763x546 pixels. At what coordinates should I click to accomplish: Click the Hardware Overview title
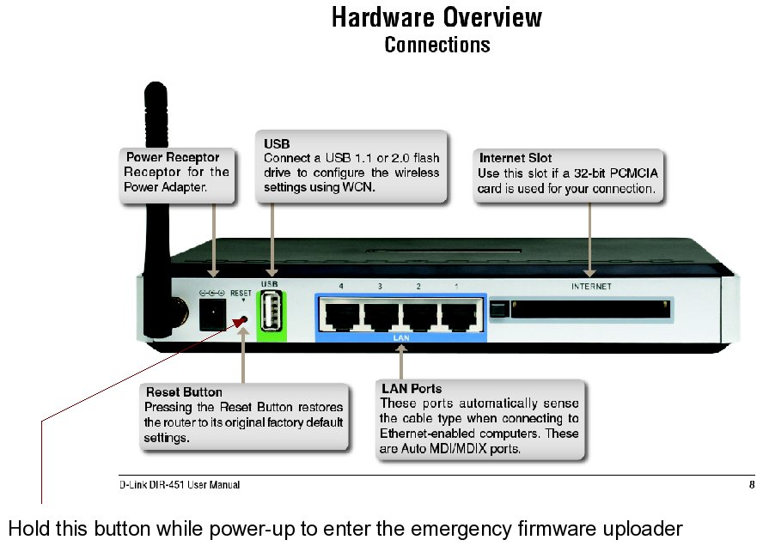[436, 17]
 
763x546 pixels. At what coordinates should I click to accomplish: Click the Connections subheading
[436, 44]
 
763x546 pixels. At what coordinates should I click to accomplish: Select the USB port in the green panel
[270, 312]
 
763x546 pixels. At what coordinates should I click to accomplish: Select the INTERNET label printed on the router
[591, 287]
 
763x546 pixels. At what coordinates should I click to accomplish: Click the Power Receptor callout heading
[172, 157]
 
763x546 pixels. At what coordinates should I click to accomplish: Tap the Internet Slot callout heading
[516, 158]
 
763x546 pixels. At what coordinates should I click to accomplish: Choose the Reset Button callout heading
[184, 392]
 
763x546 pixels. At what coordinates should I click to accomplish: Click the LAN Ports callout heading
[411, 389]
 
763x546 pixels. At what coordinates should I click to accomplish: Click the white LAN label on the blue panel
[400, 338]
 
